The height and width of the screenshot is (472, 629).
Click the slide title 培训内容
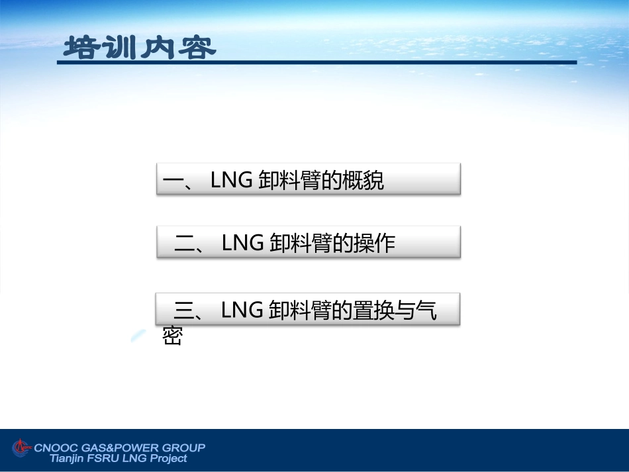click(140, 48)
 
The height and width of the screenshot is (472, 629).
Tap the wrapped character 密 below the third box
click(172, 336)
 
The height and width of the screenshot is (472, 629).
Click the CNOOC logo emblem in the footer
click(22, 448)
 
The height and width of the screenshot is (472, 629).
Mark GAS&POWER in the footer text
click(120, 448)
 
